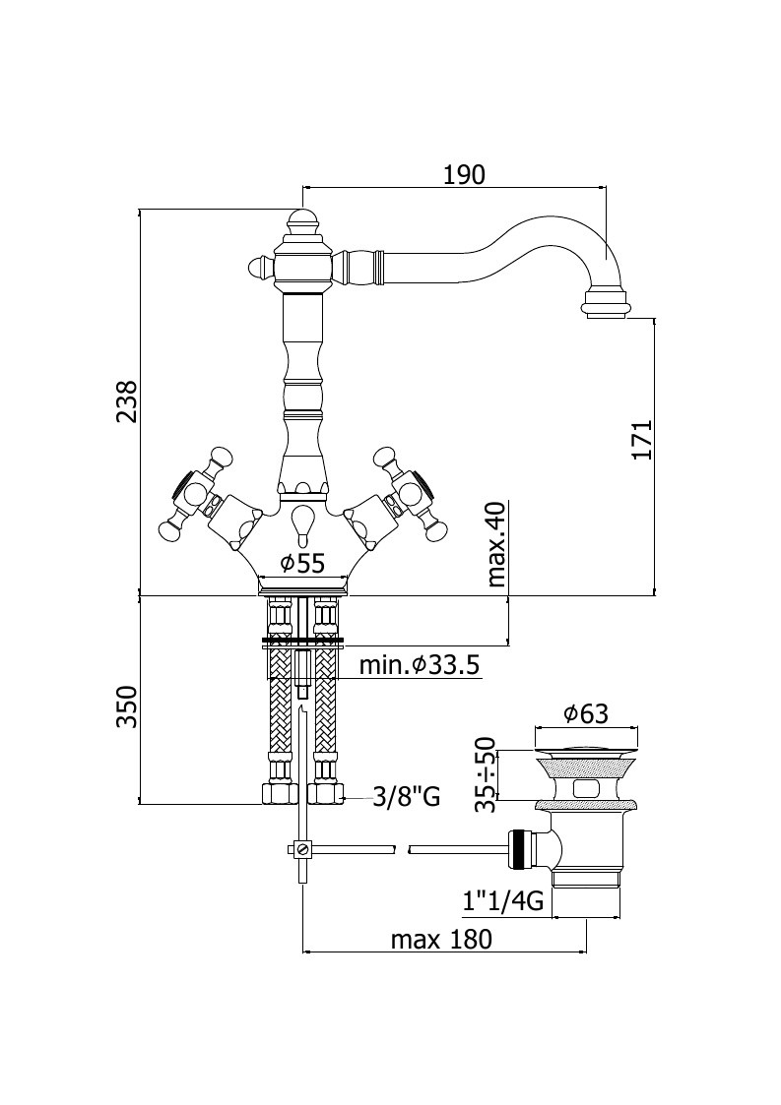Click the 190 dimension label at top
pos(464,174)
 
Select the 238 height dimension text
pos(128,402)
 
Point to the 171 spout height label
pos(641,441)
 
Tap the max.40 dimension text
pos(496,545)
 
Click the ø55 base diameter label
pos(302,563)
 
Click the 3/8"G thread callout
pos(407,797)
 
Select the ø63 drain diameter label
pos(586,714)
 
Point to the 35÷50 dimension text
pos(487,775)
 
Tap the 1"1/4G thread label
pos(503,901)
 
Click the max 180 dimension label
pos(441,940)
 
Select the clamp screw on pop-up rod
pos(302,849)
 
